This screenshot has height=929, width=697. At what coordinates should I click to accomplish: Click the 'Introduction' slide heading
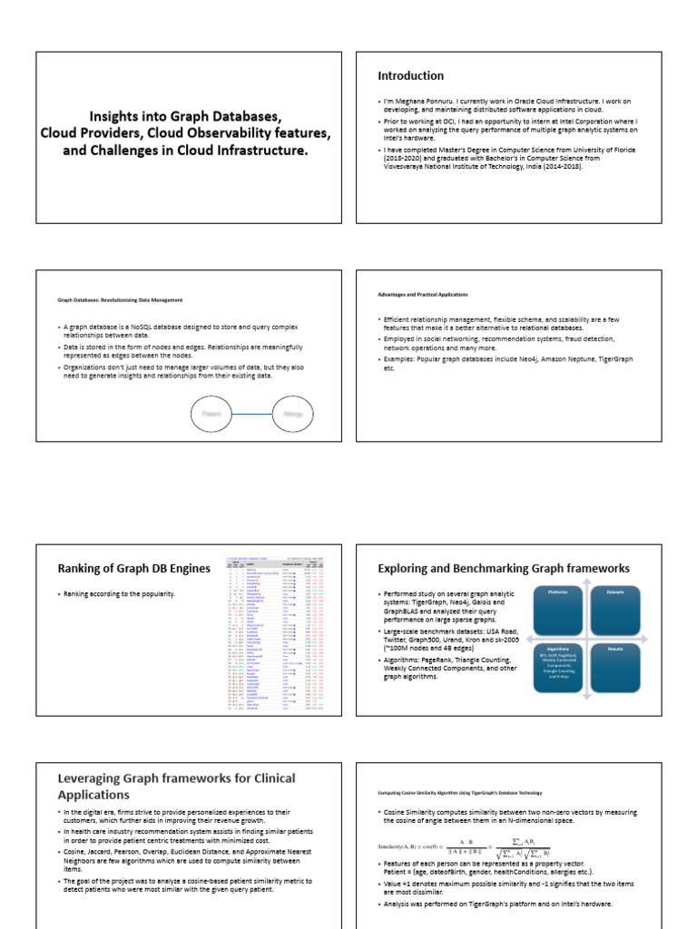click(x=411, y=76)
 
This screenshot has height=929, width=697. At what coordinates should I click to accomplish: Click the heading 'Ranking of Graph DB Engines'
click(x=134, y=569)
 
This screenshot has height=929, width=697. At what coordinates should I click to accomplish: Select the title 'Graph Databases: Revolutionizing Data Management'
click(x=121, y=299)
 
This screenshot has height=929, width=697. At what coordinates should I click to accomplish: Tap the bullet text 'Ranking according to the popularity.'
click(x=118, y=593)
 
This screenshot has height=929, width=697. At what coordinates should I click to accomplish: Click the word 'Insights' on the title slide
click(x=114, y=117)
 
